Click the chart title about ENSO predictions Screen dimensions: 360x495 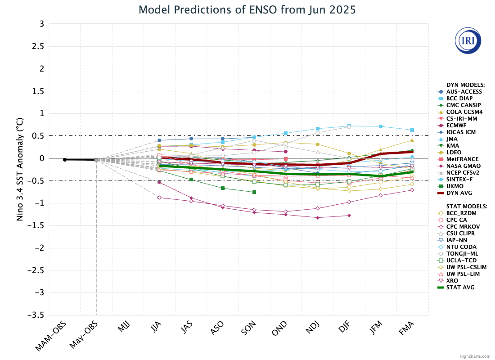(x=247, y=9)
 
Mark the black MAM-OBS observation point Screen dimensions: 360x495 (x=65, y=160)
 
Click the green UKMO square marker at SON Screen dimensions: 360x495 (x=254, y=192)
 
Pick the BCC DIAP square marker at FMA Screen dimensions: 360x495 (x=412, y=130)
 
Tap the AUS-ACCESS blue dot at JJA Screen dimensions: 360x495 (x=159, y=140)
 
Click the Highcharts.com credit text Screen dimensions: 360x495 (x=475, y=356)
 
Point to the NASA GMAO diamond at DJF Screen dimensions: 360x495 (x=349, y=216)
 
